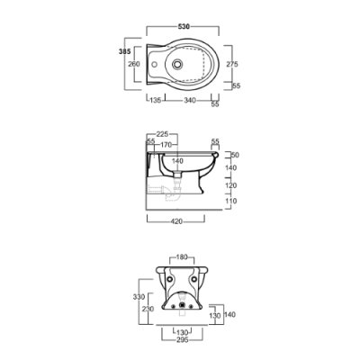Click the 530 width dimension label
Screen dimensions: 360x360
tap(184, 27)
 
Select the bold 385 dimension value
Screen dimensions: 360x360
tap(125, 51)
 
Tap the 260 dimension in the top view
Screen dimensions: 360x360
tap(134, 64)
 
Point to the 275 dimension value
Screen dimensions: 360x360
tap(232, 64)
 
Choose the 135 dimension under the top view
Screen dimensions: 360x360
tap(156, 100)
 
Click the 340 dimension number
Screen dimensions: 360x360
tap(190, 100)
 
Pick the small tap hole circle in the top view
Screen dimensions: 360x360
tap(155, 64)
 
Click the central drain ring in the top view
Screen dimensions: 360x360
tap(177, 64)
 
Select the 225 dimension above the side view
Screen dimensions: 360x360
tap(163, 134)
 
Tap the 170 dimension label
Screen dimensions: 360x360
tap(166, 145)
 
